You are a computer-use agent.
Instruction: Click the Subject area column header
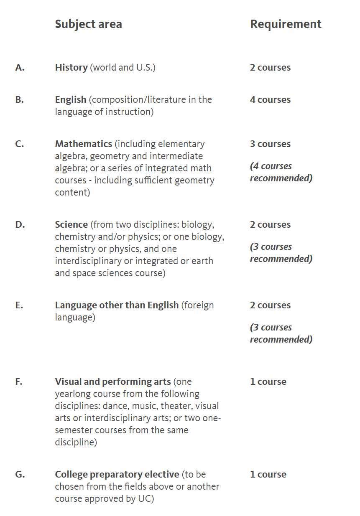point(88,24)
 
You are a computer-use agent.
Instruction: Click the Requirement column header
point(286,24)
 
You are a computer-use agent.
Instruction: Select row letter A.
point(20,68)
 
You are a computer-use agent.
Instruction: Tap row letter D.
point(20,225)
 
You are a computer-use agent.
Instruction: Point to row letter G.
point(20,475)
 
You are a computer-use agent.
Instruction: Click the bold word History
point(71,68)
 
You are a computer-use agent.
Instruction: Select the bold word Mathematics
point(84,144)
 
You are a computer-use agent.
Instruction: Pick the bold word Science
point(71,225)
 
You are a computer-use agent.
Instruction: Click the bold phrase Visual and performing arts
point(113,382)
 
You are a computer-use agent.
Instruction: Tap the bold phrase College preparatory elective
point(117,475)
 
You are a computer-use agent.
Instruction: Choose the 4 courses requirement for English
point(270,100)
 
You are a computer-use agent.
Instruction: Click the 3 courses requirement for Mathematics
point(270,144)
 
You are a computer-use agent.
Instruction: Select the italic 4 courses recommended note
point(281,172)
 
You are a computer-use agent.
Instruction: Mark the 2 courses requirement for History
point(270,68)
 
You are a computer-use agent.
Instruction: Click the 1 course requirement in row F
point(268,382)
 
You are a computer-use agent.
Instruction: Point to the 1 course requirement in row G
point(268,475)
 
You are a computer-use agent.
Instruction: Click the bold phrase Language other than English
point(117,305)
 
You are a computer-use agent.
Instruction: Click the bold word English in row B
point(71,100)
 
